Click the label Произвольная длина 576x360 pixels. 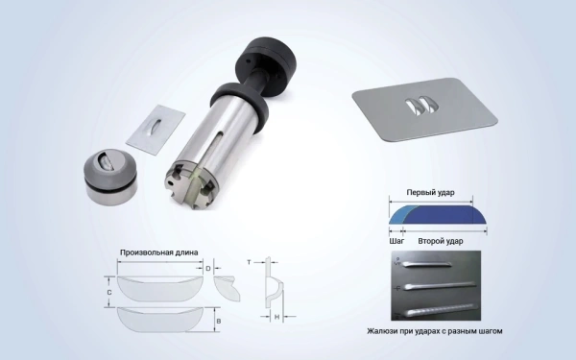(159, 252)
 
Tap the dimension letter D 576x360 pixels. (208, 269)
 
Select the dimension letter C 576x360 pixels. (109, 293)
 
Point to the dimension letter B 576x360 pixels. (219, 321)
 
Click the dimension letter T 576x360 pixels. (249, 262)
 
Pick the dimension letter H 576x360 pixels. (277, 317)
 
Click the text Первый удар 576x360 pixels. (430, 193)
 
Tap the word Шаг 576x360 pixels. (396, 241)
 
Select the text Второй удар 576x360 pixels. (441, 241)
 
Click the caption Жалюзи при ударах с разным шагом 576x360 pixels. (435, 331)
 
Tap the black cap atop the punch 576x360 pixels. (266, 60)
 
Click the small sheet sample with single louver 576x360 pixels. (156, 129)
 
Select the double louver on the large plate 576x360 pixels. (422, 106)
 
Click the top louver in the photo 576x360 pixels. (427, 263)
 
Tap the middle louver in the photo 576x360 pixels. (440, 285)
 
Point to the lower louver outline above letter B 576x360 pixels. (159, 319)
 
